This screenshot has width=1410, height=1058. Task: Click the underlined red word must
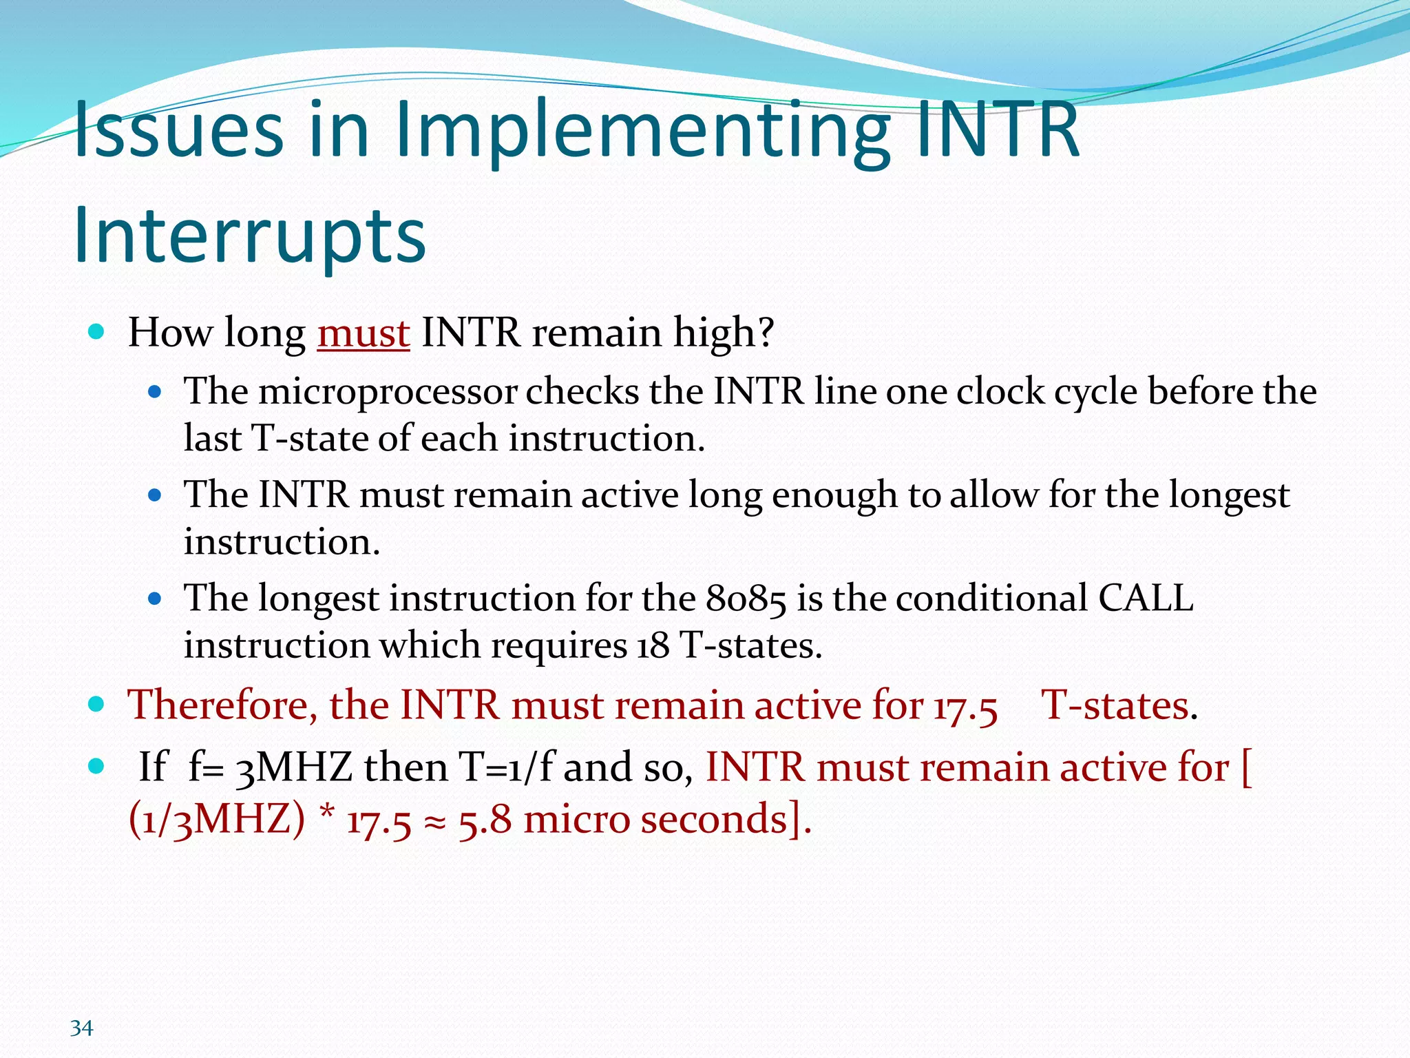pyautogui.click(x=363, y=333)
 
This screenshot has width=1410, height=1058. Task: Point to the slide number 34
pyautogui.click(x=81, y=1028)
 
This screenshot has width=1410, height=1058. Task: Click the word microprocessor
pyautogui.click(x=387, y=392)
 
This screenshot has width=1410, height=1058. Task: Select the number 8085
pyautogui.click(x=746, y=599)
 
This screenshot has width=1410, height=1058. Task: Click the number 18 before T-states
pyautogui.click(x=653, y=646)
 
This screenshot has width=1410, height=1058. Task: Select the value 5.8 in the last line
pyautogui.click(x=485, y=820)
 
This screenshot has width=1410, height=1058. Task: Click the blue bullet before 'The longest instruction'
pyautogui.click(x=155, y=599)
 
